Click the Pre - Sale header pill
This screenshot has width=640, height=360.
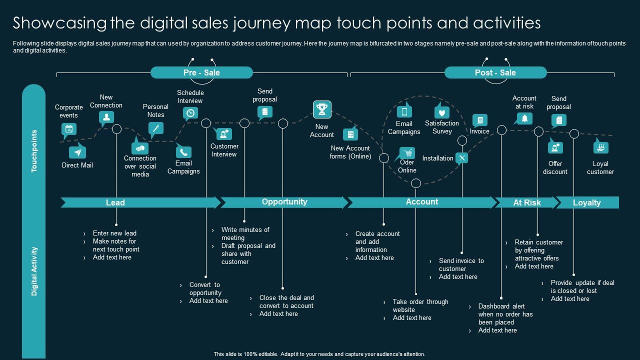[201, 72]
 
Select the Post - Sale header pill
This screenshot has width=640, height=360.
[495, 72]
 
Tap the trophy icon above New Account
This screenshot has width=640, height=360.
[322, 109]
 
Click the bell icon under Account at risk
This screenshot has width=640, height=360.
[524, 118]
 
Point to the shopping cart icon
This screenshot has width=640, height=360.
[407, 152]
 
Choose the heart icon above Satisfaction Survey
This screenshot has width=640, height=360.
[441, 112]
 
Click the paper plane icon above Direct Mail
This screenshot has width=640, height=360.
[77, 152]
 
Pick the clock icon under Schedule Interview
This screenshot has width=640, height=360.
[190, 113]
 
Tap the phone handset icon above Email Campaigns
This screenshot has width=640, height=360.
[183, 152]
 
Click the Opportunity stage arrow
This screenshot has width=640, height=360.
[284, 202]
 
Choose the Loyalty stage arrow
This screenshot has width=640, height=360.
[587, 202]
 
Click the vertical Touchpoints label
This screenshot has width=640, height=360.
[34, 151]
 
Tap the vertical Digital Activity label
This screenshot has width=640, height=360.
[34, 270]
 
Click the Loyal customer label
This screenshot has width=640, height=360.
[600, 167]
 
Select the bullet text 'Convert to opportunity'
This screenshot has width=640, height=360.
[204, 288]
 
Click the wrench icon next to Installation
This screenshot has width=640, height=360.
[462, 158]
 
